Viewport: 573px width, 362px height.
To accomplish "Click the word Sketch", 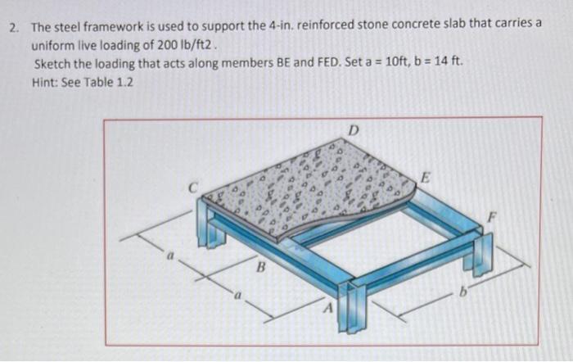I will [52, 64].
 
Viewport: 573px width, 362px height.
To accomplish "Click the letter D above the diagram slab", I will [354, 129].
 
